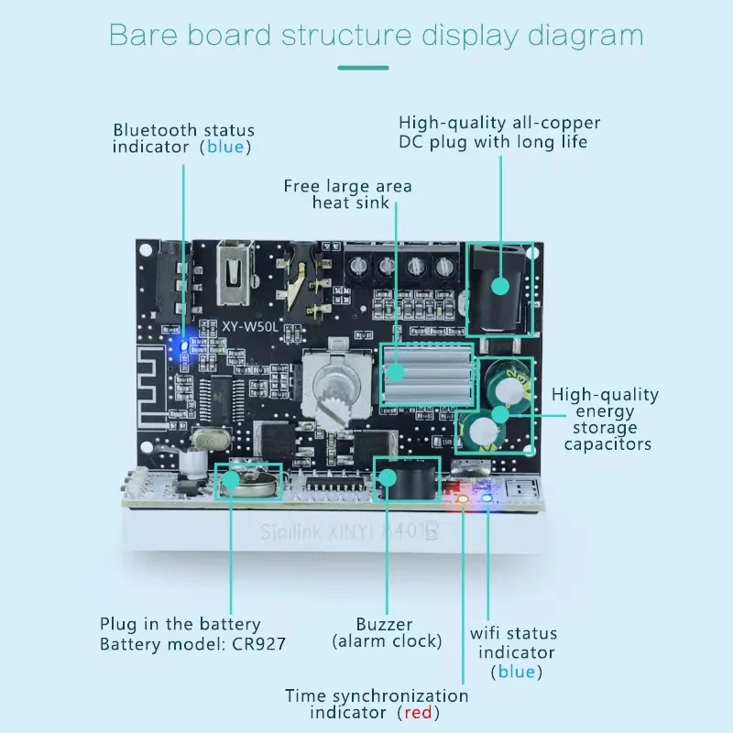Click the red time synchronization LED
[463, 498]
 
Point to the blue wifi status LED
[487, 498]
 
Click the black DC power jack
[499, 287]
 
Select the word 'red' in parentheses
[419, 712]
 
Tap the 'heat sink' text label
[350, 202]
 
